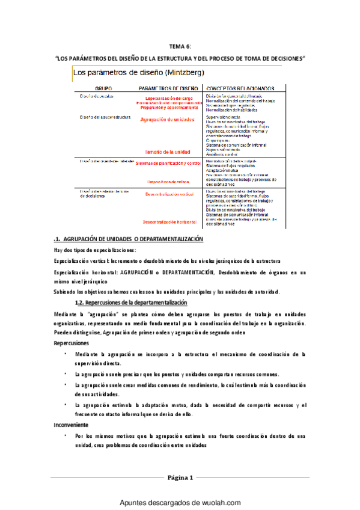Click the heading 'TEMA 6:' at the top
[180, 46]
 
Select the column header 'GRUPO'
[95, 88]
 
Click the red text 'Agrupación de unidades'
[168, 120]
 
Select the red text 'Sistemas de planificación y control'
[168, 163]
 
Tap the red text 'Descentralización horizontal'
[169, 223]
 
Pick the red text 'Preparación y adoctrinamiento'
[169, 108]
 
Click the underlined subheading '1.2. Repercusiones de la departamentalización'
[127, 301]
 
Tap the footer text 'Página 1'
[180, 478]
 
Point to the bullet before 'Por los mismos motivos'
[66, 435]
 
